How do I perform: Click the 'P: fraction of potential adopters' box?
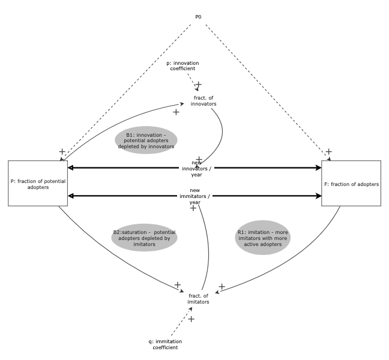tap(37, 184)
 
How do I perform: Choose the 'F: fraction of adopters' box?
tap(351, 184)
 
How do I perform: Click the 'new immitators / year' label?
tap(194, 196)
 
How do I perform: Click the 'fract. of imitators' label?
tap(199, 298)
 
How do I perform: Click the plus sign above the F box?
tap(328, 151)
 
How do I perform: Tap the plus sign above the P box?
tap(62, 151)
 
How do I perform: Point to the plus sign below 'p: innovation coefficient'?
tap(199, 85)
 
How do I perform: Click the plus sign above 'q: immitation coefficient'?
tap(191, 319)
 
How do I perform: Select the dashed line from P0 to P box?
tap(129, 90)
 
